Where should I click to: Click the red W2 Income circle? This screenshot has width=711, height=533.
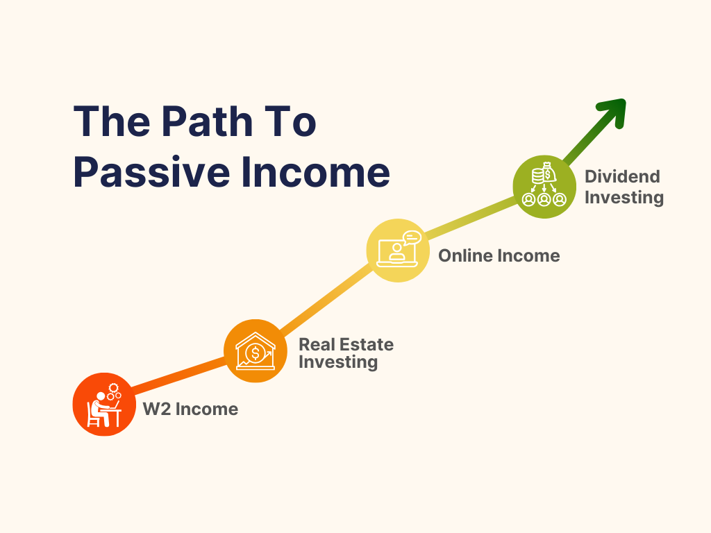point(103,405)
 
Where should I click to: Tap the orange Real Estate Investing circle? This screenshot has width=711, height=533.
point(256,351)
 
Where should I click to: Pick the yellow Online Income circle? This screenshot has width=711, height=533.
point(398,251)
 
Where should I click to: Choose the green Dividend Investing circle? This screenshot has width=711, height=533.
point(544,185)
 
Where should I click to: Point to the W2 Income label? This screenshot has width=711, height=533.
point(190,409)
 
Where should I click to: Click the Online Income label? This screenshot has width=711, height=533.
point(499,256)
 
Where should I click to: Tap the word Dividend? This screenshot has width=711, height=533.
point(622,176)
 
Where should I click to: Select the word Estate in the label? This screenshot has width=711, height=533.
point(368,345)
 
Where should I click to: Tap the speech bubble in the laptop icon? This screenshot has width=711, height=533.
point(411,238)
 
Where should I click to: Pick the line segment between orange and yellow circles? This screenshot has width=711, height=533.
point(326,301)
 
